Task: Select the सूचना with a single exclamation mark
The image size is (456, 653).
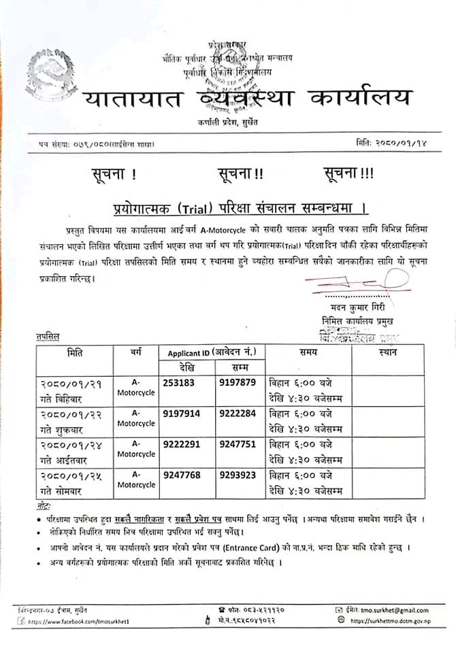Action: point(113,174)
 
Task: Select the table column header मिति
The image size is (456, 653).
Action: point(76,352)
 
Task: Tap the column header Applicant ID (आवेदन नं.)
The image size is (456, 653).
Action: point(212,352)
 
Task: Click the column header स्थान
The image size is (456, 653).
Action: point(387,352)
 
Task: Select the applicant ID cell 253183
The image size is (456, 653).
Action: point(179,383)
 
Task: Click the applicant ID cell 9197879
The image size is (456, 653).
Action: point(237,383)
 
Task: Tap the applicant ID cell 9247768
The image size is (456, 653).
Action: point(182,475)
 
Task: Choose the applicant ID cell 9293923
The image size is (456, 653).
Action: point(237,475)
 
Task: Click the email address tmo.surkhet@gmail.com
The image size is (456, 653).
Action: point(389,610)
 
